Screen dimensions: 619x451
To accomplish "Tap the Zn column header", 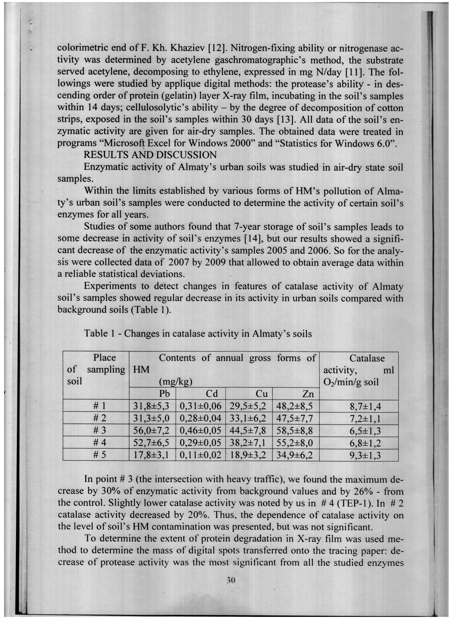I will tap(308, 394).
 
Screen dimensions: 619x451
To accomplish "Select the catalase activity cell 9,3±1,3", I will tap(365, 455).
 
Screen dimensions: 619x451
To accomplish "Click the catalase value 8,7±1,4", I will tap(365, 407).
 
